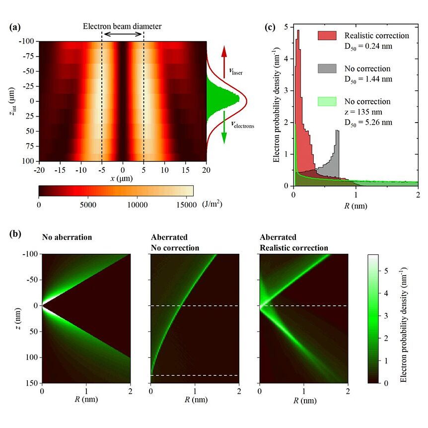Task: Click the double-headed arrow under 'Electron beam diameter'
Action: tap(123, 34)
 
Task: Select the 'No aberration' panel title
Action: tap(67, 237)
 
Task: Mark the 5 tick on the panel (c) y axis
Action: tap(287, 27)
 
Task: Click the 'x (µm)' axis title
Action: tap(123, 178)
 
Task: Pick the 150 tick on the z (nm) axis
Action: tap(31, 383)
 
